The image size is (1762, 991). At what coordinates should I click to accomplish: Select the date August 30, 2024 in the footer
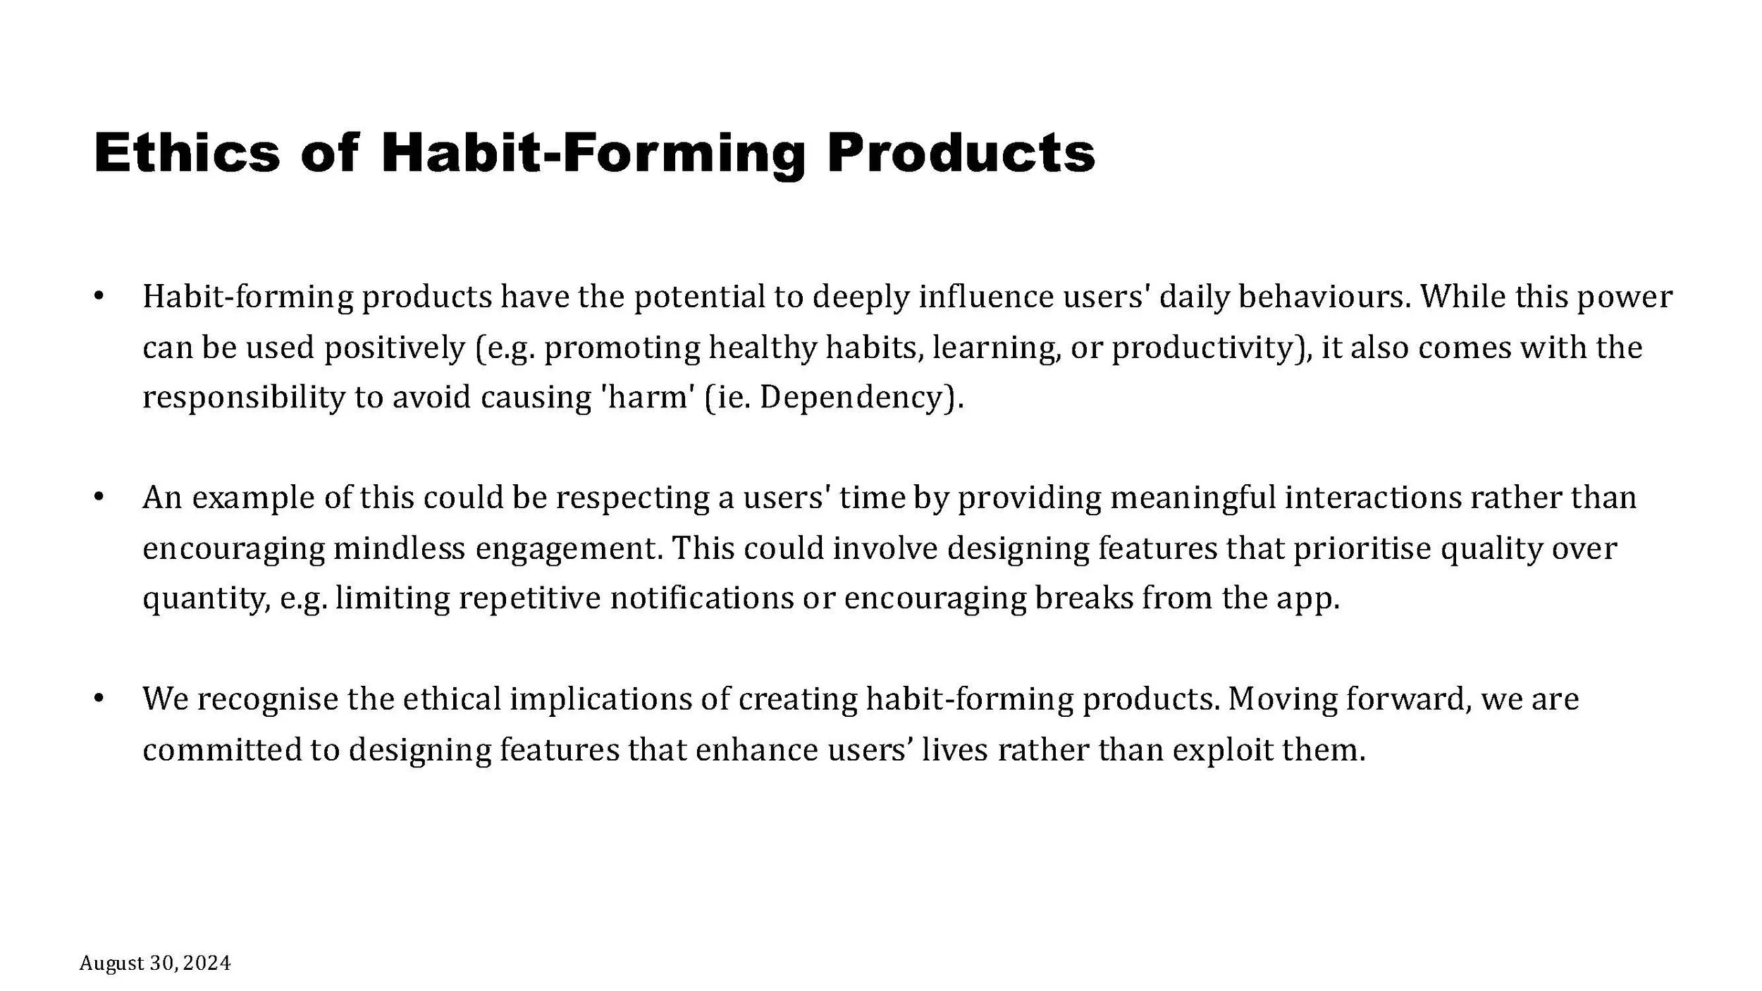click(155, 963)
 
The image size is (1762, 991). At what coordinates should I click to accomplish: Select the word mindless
click(399, 548)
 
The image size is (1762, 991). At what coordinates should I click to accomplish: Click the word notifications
click(701, 598)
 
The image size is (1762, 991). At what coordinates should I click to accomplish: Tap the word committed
click(221, 749)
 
